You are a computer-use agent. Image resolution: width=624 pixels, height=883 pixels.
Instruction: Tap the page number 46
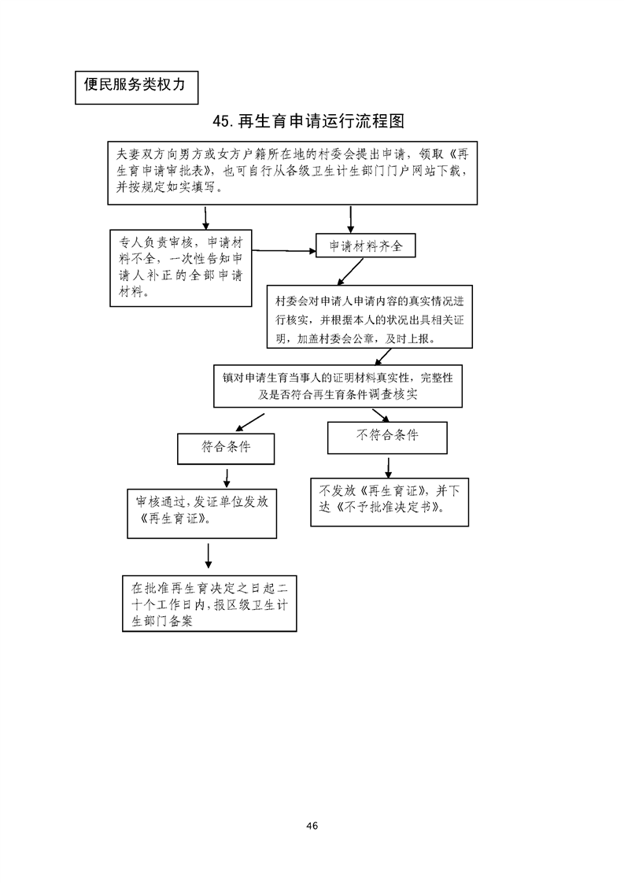pos(312,826)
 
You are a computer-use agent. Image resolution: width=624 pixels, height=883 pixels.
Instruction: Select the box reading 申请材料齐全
pos(365,246)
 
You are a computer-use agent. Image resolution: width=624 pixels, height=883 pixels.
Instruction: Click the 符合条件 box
pos(226,447)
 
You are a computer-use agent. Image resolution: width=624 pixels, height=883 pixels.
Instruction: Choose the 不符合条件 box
pos(387,436)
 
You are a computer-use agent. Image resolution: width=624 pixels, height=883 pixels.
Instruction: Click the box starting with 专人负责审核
pos(180,268)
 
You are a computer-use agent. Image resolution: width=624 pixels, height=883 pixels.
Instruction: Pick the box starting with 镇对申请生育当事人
pos(338,386)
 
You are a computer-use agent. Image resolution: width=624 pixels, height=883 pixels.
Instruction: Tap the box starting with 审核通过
pos(201,512)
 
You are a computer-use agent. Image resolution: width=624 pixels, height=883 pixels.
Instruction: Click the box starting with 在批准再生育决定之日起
pos(210,604)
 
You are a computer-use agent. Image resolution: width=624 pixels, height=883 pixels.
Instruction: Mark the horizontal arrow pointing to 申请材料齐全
pos(283,252)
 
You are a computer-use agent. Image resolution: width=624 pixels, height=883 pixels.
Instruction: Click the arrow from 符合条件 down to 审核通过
pos(227,476)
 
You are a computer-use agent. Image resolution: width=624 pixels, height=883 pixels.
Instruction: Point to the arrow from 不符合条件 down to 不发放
pos(388,467)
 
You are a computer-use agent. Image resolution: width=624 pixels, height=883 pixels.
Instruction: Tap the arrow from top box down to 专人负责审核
pos(205,216)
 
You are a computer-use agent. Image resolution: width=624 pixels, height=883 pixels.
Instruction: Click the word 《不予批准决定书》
pos(390,508)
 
